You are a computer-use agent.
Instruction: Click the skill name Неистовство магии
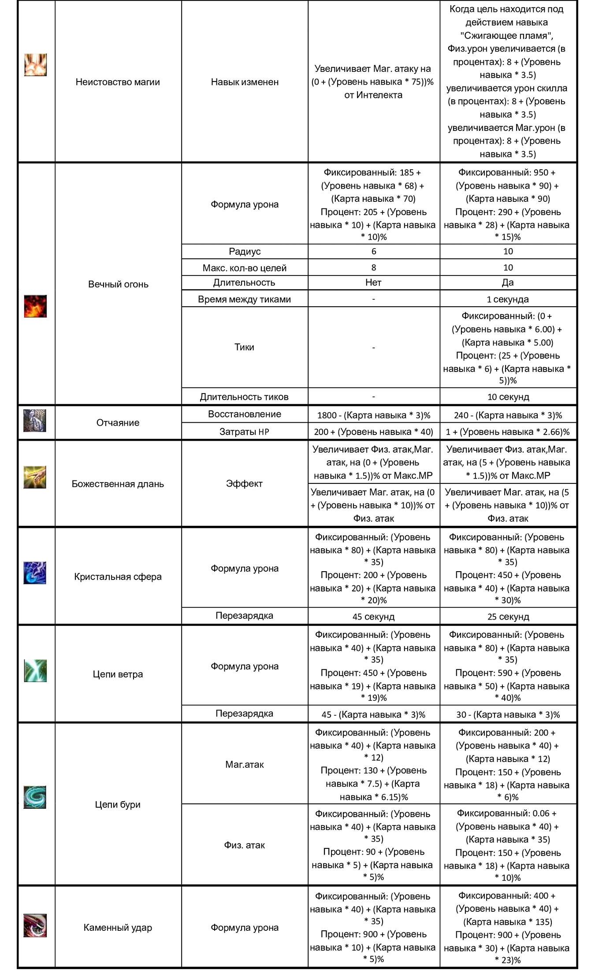118,82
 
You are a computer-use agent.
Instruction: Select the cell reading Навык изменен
245,82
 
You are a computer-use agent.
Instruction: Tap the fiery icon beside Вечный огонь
35,306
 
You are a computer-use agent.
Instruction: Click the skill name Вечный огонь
118,284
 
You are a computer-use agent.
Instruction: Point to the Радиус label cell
245,252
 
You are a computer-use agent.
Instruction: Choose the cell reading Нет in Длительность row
373,282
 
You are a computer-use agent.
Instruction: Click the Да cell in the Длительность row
508,282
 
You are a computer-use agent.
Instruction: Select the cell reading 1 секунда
508,299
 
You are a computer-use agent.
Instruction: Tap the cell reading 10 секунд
508,397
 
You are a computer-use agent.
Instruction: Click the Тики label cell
245,347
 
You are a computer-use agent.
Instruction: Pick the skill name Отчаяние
118,423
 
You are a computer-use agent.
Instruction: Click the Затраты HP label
245,432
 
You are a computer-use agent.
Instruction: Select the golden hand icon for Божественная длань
35,477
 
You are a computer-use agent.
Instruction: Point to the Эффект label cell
245,483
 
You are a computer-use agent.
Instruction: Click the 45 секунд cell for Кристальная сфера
373,617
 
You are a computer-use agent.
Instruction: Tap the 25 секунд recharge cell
508,617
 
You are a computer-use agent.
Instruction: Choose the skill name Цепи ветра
118,674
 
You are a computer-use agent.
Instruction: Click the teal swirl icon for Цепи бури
35,797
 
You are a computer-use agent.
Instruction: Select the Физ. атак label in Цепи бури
245,845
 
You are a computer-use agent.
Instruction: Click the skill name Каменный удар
118,928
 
